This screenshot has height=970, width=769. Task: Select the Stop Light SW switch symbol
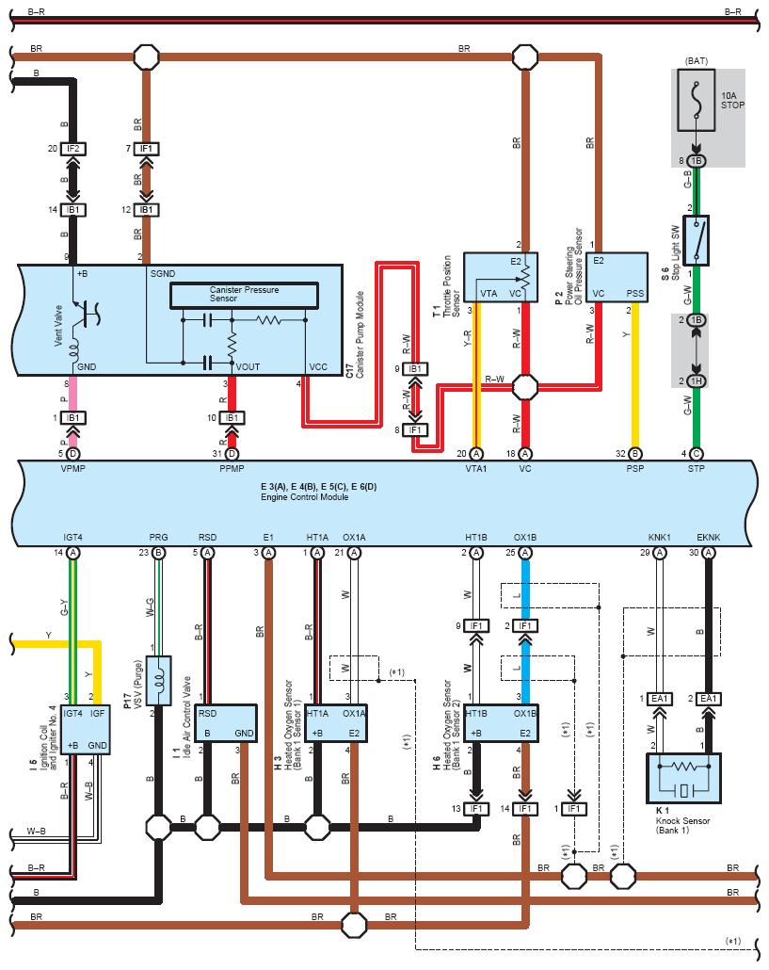697,239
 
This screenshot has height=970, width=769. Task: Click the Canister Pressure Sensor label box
237,295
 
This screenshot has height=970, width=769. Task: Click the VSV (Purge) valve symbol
159,680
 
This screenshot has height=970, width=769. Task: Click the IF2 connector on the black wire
72,149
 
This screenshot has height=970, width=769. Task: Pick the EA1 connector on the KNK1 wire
659,698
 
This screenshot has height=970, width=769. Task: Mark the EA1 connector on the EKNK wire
709,698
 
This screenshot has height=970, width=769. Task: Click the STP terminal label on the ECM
697,467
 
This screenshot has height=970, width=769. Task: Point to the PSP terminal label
634,467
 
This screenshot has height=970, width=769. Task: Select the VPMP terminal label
72,467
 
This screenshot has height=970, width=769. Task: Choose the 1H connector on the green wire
697,380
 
